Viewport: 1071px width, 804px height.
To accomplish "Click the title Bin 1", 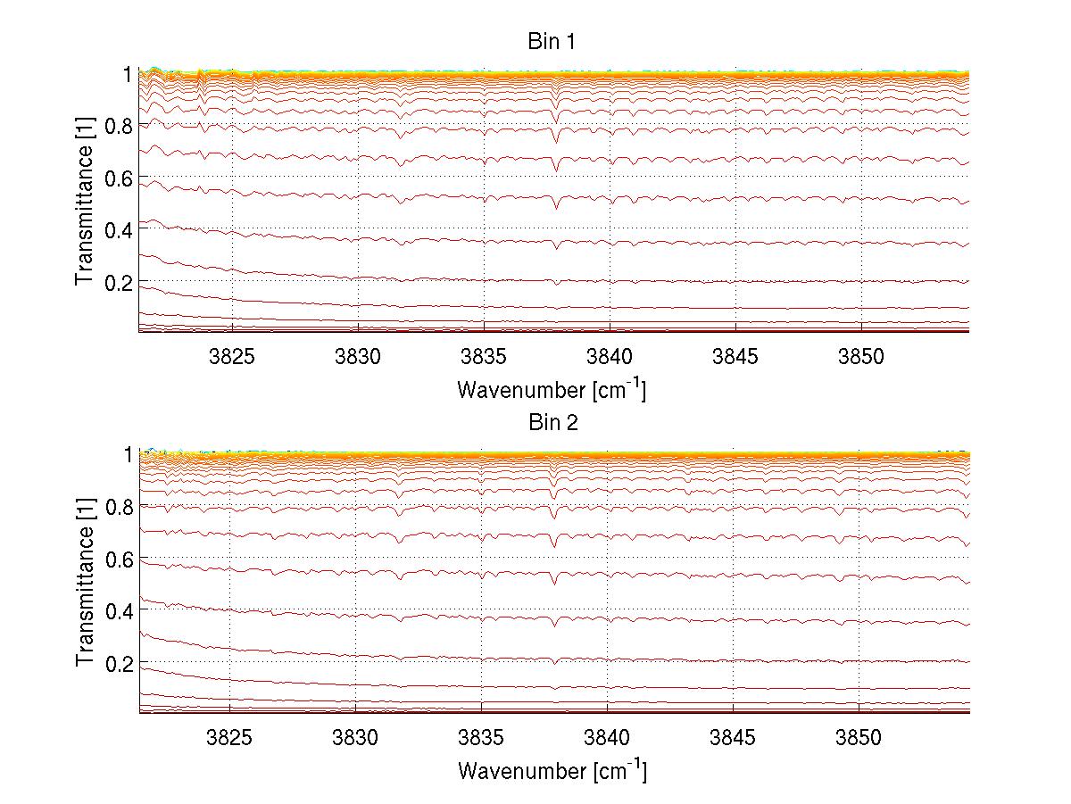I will [553, 41].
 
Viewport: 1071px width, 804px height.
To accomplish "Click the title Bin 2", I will [553, 423].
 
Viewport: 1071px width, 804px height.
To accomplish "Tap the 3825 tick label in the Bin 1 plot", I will [231, 356].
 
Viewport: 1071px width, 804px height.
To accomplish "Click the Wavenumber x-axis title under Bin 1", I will [552, 389].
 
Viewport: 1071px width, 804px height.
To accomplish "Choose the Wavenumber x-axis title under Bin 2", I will [552, 771].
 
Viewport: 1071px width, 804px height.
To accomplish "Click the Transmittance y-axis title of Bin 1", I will [85, 214].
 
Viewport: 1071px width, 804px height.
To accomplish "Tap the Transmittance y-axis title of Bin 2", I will [85, 596].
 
